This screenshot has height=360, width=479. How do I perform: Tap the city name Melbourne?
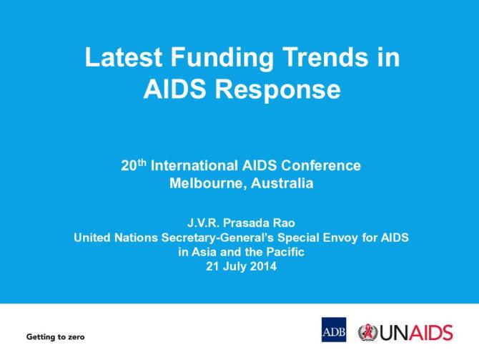[202, 183]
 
